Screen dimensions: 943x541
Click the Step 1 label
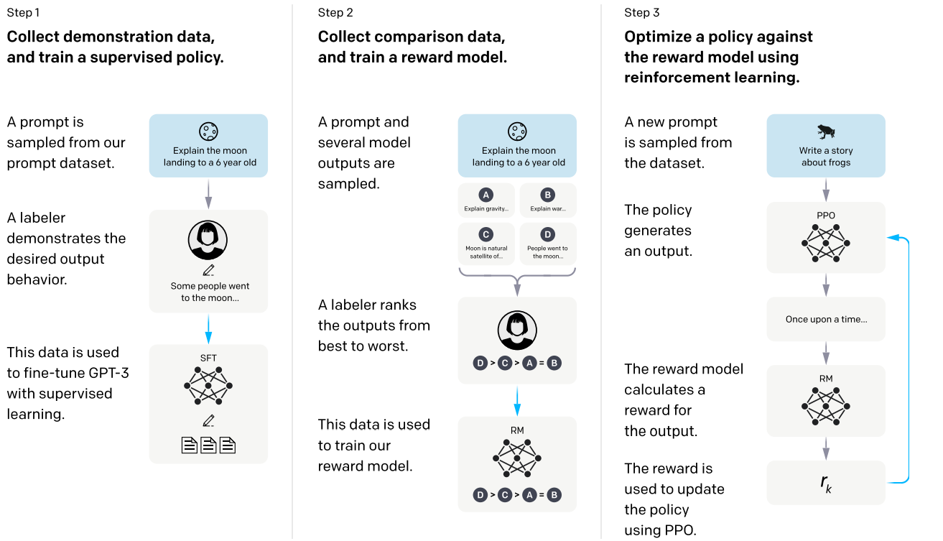(23, 13)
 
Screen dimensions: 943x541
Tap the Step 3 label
(641, 13)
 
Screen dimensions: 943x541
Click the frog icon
(826, 131)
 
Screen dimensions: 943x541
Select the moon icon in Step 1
(208, 131)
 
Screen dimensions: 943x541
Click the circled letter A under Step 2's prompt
(486, 195)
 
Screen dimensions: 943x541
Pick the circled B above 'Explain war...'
(548, 195)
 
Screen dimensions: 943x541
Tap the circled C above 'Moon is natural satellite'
(486, 234)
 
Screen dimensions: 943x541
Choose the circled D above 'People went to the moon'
(548, 234)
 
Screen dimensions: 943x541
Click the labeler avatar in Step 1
(208, 240)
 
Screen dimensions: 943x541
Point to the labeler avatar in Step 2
(517, 330)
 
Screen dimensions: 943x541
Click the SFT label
(208, 358)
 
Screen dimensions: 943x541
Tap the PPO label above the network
(826, 216)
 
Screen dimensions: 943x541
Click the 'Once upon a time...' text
(826, 320)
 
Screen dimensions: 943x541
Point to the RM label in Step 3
(826, 379)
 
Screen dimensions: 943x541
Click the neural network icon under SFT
(208, 386)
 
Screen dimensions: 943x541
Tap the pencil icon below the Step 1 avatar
(208, 270)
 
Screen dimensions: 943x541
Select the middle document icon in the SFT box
(208, 445)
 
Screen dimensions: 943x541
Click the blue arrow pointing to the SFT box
(208, 330)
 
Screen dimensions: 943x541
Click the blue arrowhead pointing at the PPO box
(893, 238)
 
